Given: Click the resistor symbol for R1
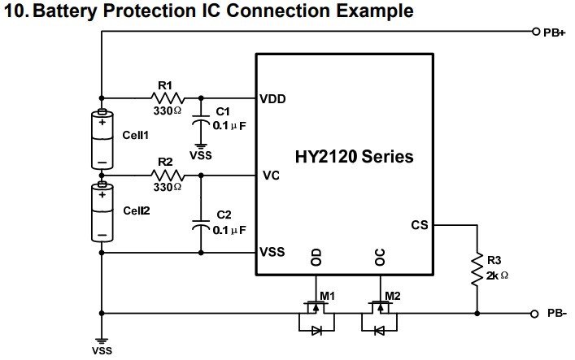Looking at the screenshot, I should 168,95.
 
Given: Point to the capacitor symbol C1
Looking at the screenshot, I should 198,119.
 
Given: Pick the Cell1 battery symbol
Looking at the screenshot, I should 102,139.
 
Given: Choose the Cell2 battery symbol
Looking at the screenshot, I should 102,214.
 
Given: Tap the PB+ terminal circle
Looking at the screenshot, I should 535,33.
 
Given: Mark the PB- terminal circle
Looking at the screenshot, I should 534,314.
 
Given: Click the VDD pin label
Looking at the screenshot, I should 272,99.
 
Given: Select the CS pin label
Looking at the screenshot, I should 420,225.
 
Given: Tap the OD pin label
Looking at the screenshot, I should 316,258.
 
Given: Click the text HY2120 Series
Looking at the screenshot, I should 355,157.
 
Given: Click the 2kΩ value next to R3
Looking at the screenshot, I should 497,275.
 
